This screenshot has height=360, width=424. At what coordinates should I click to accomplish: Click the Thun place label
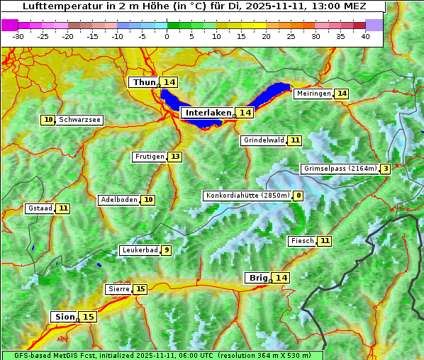point(144,83)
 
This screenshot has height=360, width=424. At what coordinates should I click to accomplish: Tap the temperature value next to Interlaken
point(245,113)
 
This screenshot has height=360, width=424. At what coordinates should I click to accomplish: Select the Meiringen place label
point(313,94)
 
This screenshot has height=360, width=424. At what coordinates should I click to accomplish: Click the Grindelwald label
point(264,140)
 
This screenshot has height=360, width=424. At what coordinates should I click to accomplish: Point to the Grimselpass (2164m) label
point(340,169)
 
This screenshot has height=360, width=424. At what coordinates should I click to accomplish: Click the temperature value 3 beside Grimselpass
point(385,169)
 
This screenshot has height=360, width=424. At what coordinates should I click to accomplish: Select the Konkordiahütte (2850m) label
point(247,196)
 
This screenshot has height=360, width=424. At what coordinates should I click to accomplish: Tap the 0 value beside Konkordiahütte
point(299,196)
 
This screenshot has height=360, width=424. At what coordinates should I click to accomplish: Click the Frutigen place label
point(149,157)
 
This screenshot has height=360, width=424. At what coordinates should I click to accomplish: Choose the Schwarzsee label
point(79,120)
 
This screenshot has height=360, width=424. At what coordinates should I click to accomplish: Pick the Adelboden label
point(118,200)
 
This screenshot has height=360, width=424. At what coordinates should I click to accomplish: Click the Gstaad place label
point(40,208)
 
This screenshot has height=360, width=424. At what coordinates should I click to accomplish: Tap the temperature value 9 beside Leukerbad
point(167,250)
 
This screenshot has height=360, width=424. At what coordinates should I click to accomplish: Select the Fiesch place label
point(302,241)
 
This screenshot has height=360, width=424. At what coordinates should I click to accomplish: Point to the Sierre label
point(118,289)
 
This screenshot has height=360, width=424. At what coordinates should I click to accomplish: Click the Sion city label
point(63,317)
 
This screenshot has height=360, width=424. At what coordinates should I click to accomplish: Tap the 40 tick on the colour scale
point(365,36)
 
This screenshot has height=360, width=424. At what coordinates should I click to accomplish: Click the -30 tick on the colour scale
point(18,36)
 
